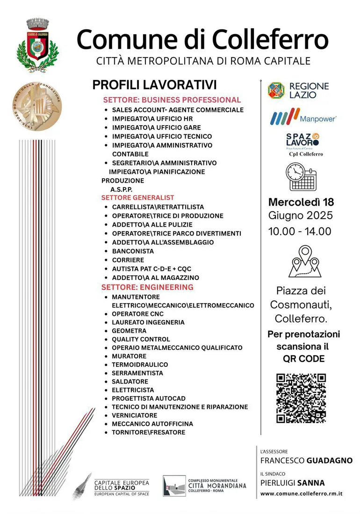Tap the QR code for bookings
[301, 398]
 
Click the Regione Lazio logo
[298, 90]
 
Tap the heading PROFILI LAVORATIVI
[155, 85]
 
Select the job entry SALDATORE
[130, 382]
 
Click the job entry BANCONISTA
[133, 251]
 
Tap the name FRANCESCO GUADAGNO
[306, 461]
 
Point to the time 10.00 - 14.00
[300, 231]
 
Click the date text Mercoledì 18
[301, 203]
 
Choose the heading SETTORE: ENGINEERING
[147, 287]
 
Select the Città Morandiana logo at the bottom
[204, 486]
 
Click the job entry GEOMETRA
[129, 331]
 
